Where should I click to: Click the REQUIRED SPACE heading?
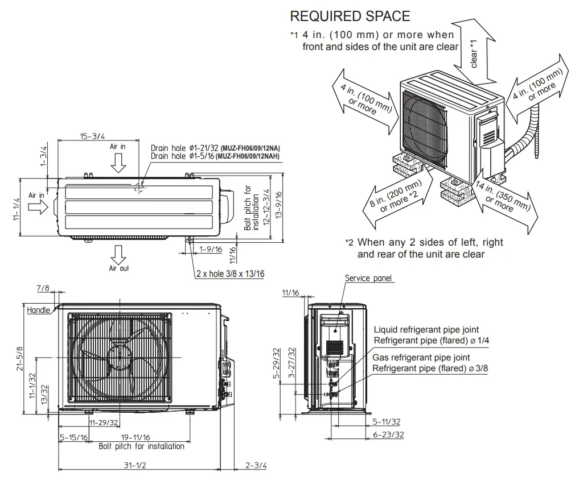(x=350, y=16)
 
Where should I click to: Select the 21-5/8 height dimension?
(x=20, y=358)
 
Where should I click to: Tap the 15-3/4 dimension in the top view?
(x=92, y=136)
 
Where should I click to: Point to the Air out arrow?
(x=119, y=252)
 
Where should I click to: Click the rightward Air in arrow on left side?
(x=38, y=208)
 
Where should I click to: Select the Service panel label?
(x=368, y=278)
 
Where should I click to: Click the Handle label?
(x=38, y=310)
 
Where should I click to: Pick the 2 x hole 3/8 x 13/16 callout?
(x=230, y=274)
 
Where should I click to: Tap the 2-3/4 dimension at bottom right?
(x=256, y=465)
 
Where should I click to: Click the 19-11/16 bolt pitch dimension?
(x=135, y=437)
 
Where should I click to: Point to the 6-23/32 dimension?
(x=388, y=434)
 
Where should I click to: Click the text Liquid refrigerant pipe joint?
(x=426, y=330)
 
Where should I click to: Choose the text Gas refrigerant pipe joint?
(x=421, y=358)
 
